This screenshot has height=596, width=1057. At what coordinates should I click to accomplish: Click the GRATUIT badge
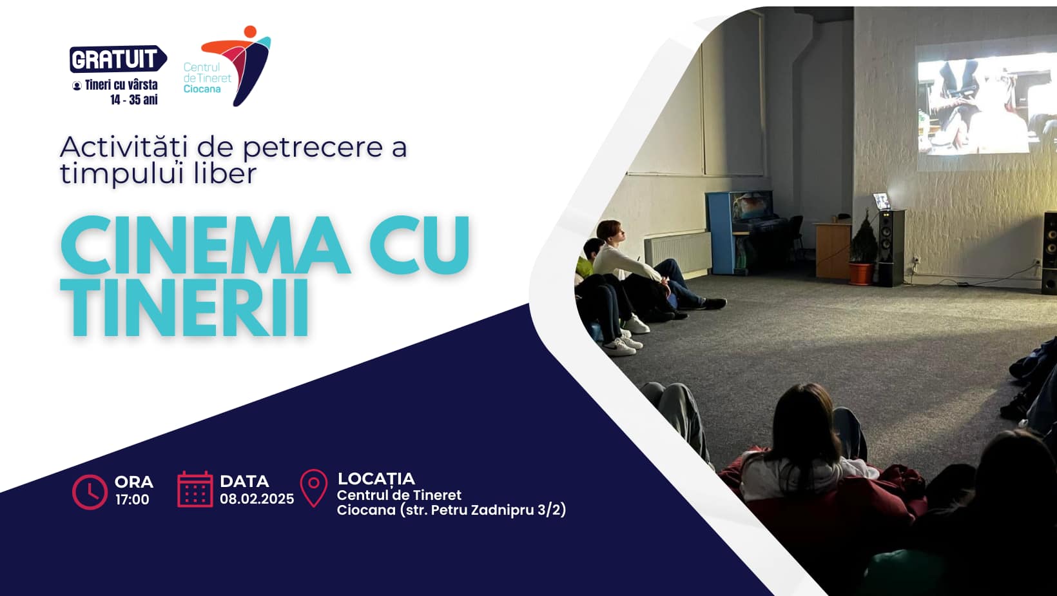pos(118,59)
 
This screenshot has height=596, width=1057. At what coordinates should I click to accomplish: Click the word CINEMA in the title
pos(206,246)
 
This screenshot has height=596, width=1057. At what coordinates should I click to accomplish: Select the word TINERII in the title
pos(184,307)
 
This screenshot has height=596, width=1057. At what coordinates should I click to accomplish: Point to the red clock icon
pos(90,492)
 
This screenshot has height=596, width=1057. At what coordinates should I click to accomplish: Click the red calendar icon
pos(195,490)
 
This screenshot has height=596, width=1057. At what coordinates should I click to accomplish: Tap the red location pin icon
pos(313,488)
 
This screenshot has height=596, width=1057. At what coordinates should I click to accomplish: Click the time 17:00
pos(132,500)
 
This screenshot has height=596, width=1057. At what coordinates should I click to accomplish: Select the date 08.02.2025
pos(257,499)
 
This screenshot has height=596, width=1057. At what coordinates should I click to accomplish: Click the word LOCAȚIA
pos(376,479)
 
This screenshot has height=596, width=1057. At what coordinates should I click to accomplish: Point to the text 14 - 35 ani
pos(134,99)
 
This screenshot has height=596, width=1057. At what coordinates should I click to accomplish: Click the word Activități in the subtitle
pos(124,147)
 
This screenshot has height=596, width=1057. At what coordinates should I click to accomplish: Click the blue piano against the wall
pos(746,232)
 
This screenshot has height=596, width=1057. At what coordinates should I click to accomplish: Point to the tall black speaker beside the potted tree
pos(891,248)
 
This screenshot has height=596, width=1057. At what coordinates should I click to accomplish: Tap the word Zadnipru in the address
pos(502,510)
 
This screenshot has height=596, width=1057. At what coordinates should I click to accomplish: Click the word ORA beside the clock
pos(134,482)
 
